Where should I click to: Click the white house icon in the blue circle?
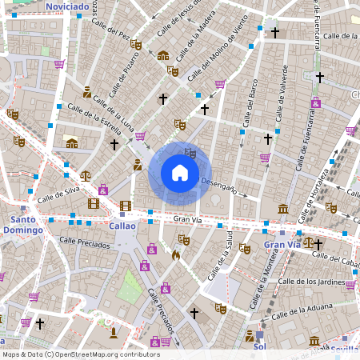[179, 173]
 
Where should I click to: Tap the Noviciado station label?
[67, 6]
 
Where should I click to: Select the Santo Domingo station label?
[26, 224]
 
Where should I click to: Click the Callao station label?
[122, 226]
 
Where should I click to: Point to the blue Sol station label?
[258, 347]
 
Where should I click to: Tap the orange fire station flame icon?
[175, 255]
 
